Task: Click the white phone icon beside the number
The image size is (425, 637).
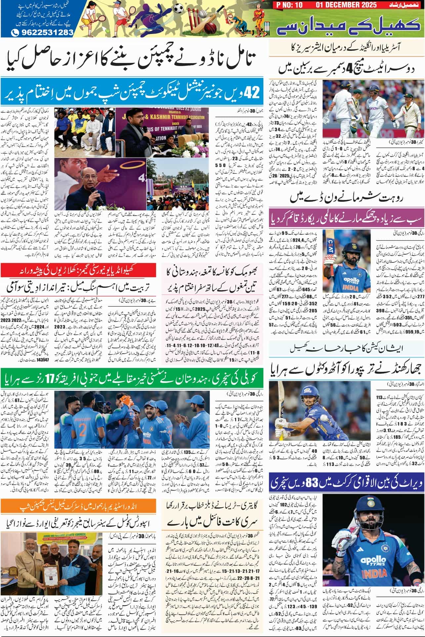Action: pyautogui.click(x=15, y=32)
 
